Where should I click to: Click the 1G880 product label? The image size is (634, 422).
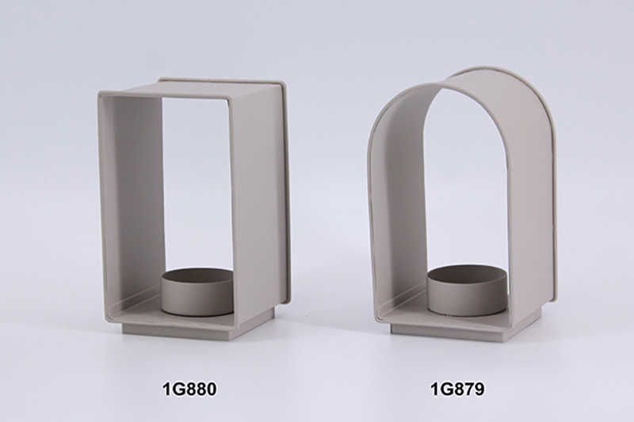click(x=189, y=389)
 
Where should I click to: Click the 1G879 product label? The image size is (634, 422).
click(x=457, y=390)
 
